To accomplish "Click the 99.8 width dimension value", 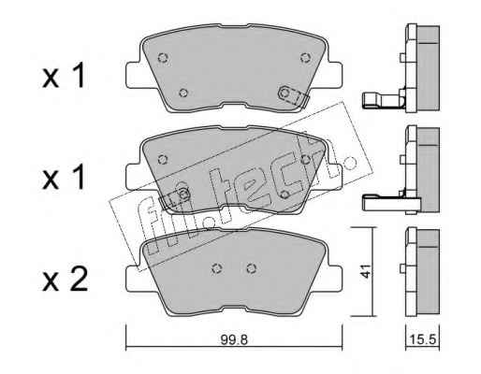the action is pos(234,339).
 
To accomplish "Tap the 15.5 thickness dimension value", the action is pos(422,339).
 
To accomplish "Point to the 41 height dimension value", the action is pos(365,271).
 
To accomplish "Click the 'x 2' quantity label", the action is pos(65,280).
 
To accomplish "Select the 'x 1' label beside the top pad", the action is pos(64,76).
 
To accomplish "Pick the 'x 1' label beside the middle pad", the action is pos(64,177).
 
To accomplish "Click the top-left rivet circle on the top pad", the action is pos(163,57).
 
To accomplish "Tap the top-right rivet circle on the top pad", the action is pos(306,57).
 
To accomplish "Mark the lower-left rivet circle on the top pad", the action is pos(183,93).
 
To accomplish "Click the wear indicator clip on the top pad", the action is pos(293,96).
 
